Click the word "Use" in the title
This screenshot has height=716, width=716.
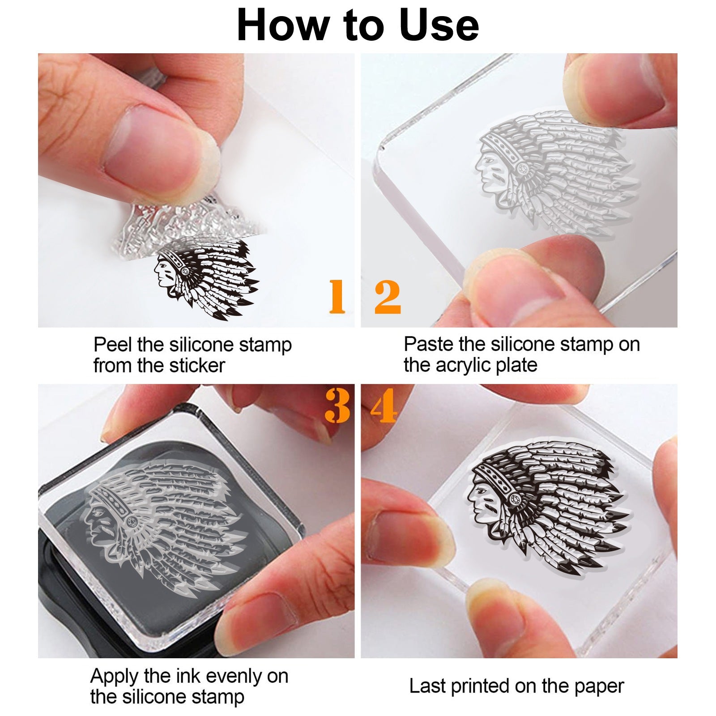[x=439, y=26]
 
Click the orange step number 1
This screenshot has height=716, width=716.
[x=337, y=296]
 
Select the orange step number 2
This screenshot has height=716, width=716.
[x=388, y=296]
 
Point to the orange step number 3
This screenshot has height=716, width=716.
[x=337, y=405]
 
